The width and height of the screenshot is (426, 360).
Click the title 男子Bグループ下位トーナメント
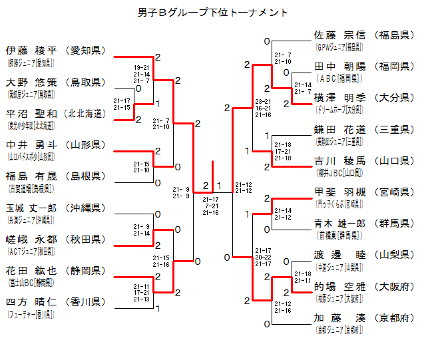[x=213, y=13]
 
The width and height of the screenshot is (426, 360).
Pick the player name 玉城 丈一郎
[x=31, y=208]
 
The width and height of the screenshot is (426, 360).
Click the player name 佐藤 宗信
[x=340, y=35]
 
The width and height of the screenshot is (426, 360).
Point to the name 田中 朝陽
[x=340, y=67]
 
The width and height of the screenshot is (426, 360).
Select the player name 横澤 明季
[x=340, y=98]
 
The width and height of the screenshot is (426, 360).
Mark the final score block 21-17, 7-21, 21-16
[x=211, y=206]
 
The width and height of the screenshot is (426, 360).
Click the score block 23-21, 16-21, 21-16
[x=263, y=107]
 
